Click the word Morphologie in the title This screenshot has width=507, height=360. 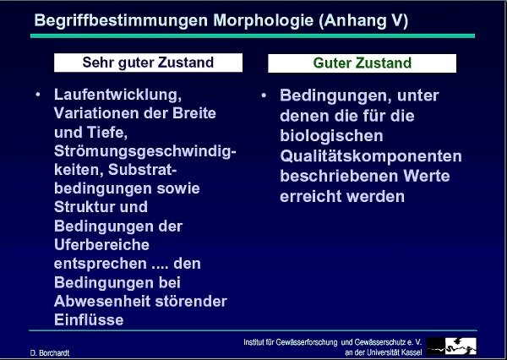263,21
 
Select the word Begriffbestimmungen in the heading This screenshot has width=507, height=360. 121,20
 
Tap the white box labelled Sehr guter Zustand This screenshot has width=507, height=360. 148,63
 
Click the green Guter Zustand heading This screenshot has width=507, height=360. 363,63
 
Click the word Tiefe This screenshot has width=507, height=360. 107,133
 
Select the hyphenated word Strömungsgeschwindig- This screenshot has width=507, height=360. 144,152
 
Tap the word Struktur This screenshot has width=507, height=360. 84,207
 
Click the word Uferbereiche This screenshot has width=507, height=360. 101,245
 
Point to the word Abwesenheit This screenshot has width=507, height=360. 102,302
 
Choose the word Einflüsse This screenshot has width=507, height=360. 89,320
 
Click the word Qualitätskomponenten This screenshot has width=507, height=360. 371,156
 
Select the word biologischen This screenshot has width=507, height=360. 331,136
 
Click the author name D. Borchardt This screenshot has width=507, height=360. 50,353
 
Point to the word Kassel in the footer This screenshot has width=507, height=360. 412,352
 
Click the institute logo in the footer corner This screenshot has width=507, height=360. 452,346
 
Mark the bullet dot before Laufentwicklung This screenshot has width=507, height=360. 38,95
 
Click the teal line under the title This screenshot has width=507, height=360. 253,35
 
